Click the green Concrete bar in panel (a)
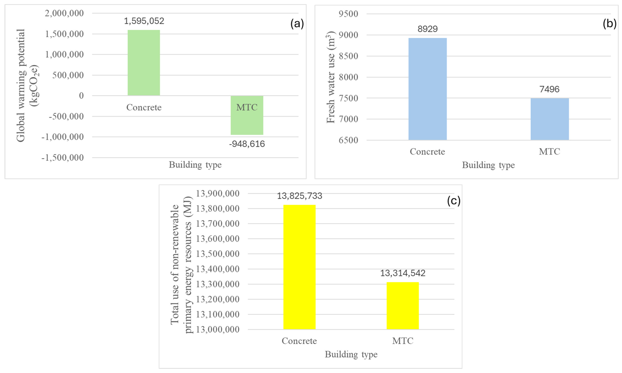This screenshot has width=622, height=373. [144, 63]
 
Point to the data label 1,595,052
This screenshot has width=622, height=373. [144, 21]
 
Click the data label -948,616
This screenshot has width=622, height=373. [247, 144]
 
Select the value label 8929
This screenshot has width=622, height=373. [427, 29]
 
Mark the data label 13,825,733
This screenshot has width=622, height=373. [299, 196]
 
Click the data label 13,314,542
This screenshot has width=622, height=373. [403, 273]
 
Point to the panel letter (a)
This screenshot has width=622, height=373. [297, 24]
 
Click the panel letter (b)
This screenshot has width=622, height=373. [609, 24]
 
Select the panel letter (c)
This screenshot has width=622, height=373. [454, 201]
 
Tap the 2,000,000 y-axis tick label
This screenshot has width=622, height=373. [64, 13]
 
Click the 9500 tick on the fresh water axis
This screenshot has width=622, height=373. [348, 14]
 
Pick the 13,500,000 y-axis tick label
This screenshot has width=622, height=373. [218, 254]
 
